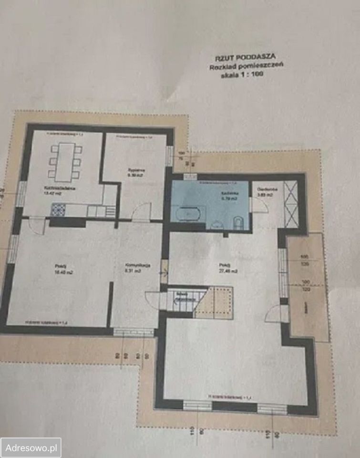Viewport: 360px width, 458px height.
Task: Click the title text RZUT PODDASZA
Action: (242, 59)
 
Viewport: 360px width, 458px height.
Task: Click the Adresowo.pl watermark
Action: (31, 448)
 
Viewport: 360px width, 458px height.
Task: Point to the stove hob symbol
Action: (58, 209)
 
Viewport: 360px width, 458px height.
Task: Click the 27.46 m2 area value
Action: (226, 271)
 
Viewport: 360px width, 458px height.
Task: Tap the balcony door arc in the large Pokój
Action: (275, 313)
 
